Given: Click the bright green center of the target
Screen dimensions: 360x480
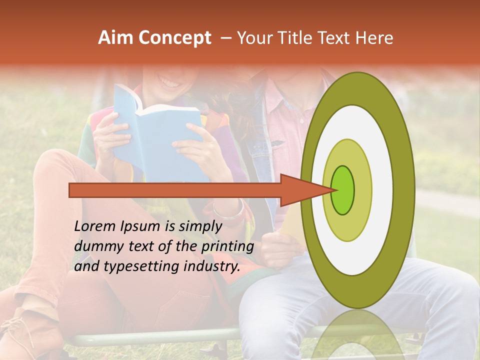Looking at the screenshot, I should click(342, 190).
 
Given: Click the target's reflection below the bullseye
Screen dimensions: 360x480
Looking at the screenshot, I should click(357, 335).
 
